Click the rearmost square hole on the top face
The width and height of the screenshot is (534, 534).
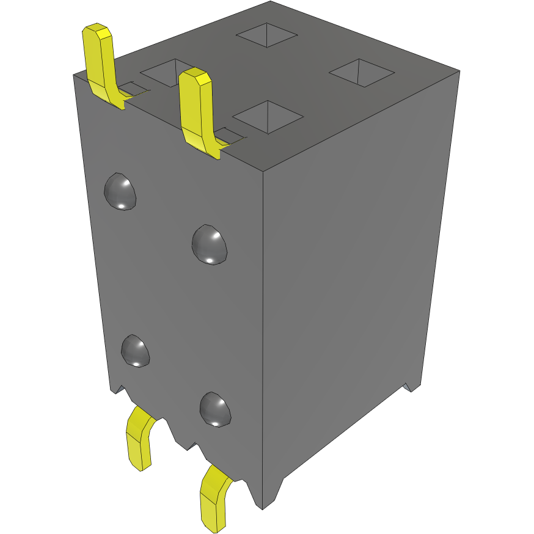tap(266, 35)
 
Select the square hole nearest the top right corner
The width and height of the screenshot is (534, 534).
tap(361, 71)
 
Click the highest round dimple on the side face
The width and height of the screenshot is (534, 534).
tap(120, 191)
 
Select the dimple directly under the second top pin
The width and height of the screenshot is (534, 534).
tap(210, 244)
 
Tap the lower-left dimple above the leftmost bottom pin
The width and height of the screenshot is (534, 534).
tap(136, 351)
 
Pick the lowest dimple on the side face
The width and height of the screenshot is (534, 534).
tap(216, 409)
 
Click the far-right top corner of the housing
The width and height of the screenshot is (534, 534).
tap(459, 70)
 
